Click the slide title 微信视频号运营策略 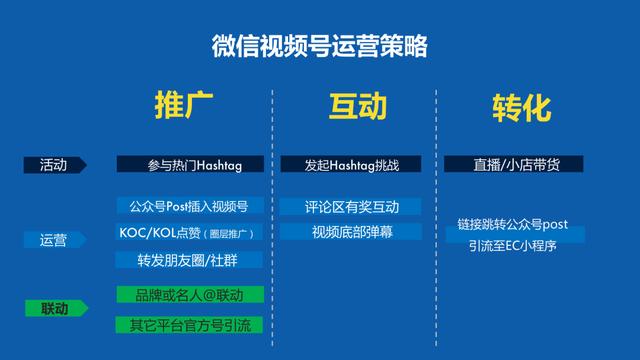click(x=321, y=46)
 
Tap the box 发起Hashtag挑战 click(x=350, y=164)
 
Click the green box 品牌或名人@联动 click(x=190, y=296)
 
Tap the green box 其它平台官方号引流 click(x=190, y=324)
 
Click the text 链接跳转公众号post click(x=513, y=225)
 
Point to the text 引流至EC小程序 click(x=513, y=245)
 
